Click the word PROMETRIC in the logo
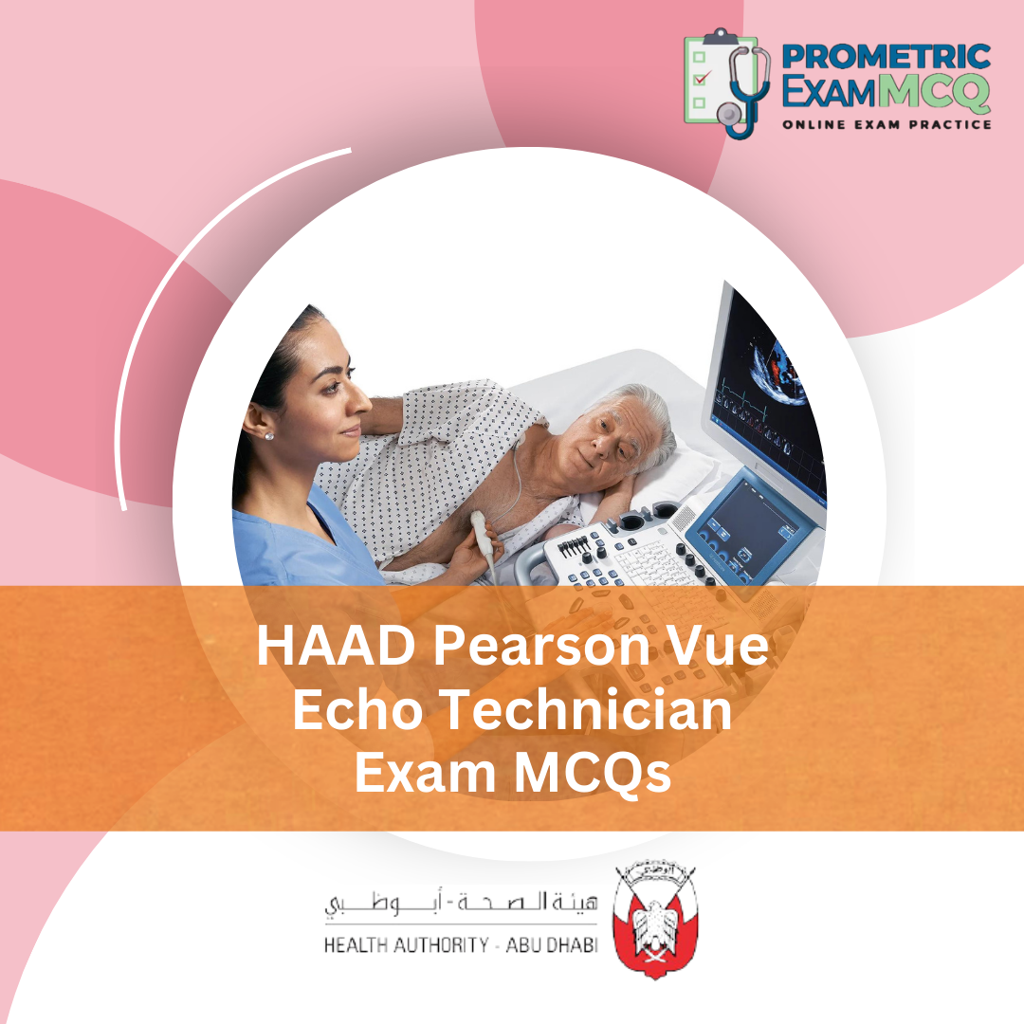(885, 56)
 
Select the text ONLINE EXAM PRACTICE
(886, 124)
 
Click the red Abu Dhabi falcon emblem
(655, 920)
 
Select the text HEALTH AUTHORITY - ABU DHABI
(461, 945)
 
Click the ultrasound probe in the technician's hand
(486, 536)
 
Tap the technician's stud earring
(268, 435)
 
